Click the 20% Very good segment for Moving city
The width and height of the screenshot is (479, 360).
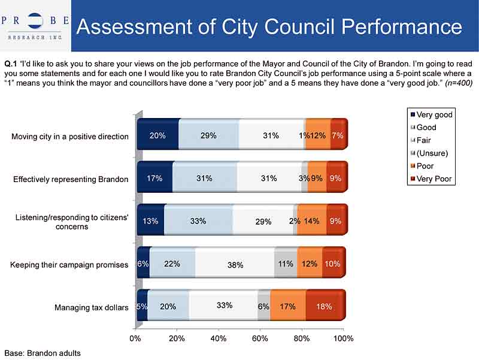157,135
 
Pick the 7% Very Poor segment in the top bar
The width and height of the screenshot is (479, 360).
338,135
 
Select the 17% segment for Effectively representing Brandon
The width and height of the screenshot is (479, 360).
154,178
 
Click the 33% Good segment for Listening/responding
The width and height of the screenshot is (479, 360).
198,221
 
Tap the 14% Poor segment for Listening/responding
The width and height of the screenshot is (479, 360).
311,221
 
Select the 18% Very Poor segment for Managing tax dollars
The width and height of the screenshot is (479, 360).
325,306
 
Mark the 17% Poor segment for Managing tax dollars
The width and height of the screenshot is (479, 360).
287,306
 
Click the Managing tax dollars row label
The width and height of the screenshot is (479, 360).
92,308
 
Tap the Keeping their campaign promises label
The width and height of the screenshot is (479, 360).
69,265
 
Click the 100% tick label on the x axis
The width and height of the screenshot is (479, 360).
343,338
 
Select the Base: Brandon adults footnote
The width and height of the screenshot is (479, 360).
43,353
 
